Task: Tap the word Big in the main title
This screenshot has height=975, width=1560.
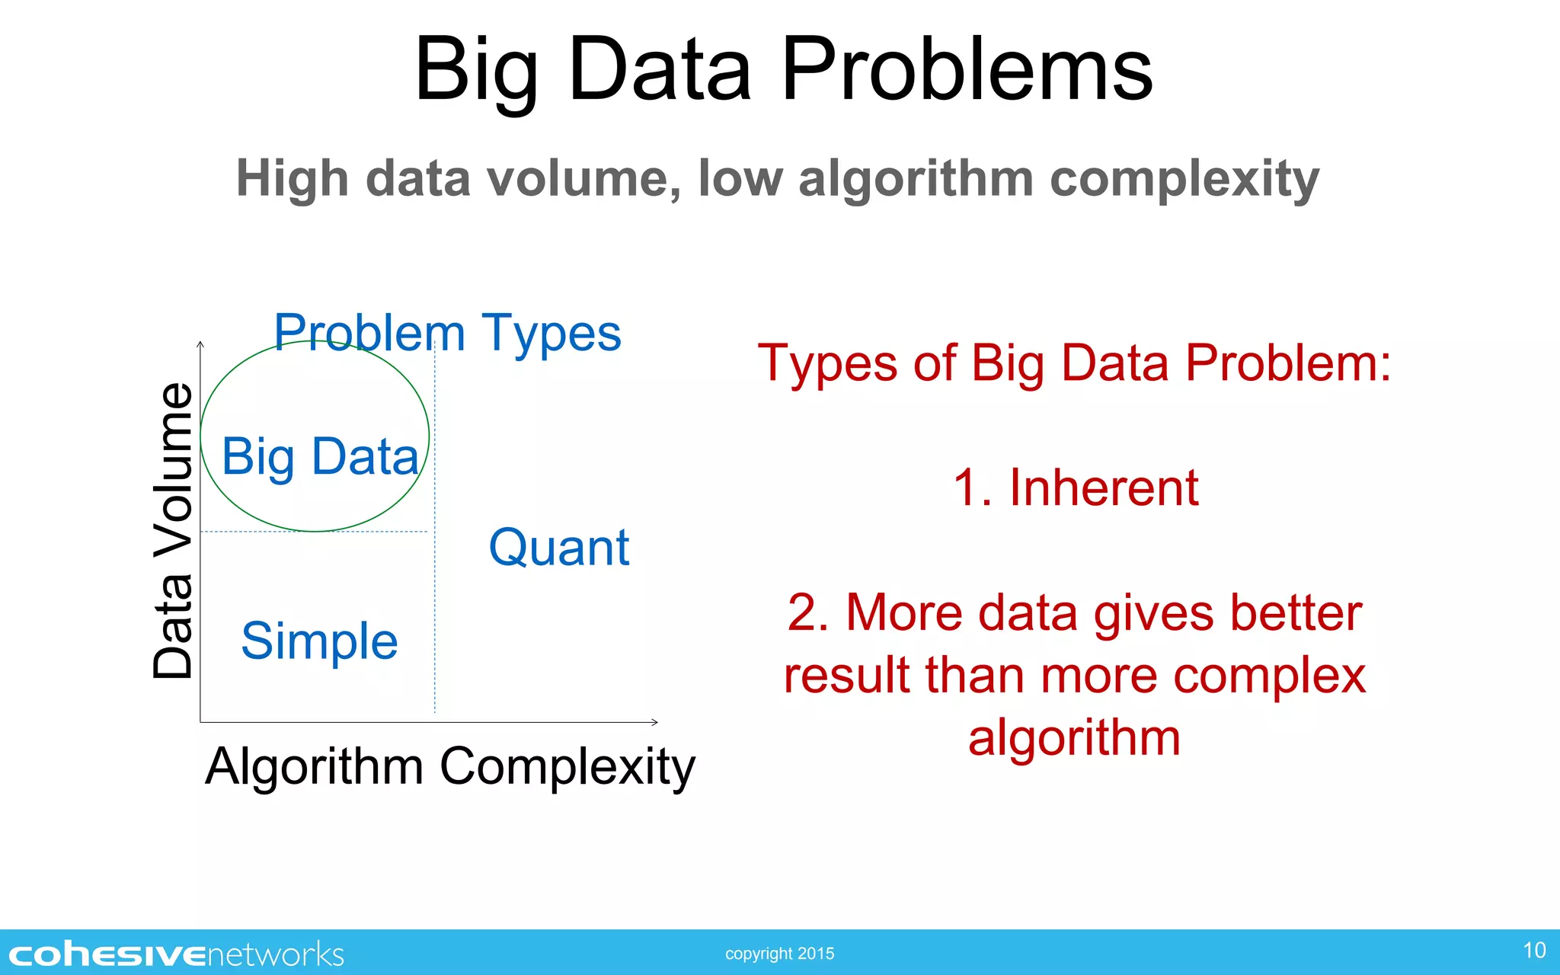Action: click(476, 72)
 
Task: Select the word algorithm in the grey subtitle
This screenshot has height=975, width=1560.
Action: click(915, 179)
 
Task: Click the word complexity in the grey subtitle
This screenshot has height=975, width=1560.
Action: click(1184, 179)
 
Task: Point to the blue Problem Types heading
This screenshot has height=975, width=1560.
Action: click(447, 333)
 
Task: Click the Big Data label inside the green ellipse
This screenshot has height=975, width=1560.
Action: click(320, 457)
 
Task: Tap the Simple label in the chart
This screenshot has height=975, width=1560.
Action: click(319, 641)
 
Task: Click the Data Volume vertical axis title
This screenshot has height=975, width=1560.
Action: click(173, 530)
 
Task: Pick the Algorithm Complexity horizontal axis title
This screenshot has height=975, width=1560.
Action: click(449, 766)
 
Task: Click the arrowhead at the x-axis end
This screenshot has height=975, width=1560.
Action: click(655, 721)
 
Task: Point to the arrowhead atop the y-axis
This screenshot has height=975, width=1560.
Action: click(200, 345)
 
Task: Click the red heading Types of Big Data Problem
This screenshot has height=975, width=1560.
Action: click(1074, 363)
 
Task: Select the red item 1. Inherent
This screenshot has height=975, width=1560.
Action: click(1076, 487)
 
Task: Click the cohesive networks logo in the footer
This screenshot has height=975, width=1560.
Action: click(176, 954)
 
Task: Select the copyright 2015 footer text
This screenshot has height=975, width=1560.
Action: click(779, 954)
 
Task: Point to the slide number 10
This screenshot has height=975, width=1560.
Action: click(1534, 951)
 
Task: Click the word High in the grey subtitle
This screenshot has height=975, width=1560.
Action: click(292, 179)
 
